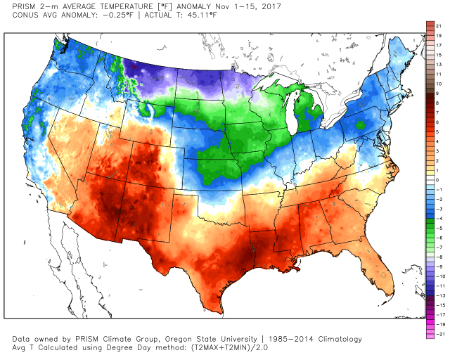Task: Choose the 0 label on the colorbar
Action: (437, 180)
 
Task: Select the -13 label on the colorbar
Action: (438, 296)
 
